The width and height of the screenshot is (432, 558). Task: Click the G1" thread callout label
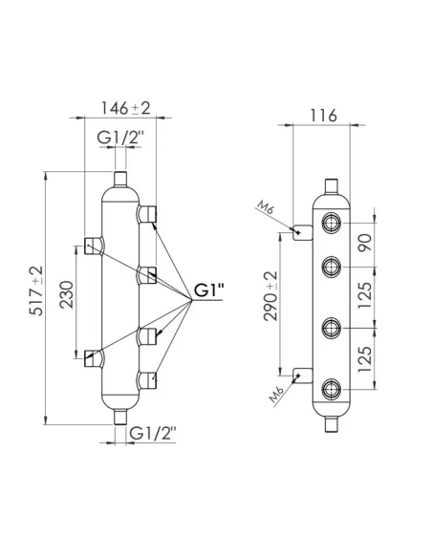(x=208, y=290)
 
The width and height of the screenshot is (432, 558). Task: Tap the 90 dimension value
(x=362, y=242)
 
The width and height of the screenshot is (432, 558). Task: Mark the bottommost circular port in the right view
(x=330, y=387)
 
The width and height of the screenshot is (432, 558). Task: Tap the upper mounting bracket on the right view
(x=300, y=230)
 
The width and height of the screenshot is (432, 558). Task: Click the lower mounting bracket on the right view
(x=300, y=376)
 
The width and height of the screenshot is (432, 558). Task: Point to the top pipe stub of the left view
(x=121, y=180)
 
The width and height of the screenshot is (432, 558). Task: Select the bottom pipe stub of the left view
(x=121, y=417)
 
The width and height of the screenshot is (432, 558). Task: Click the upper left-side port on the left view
(x=92, y=245)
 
